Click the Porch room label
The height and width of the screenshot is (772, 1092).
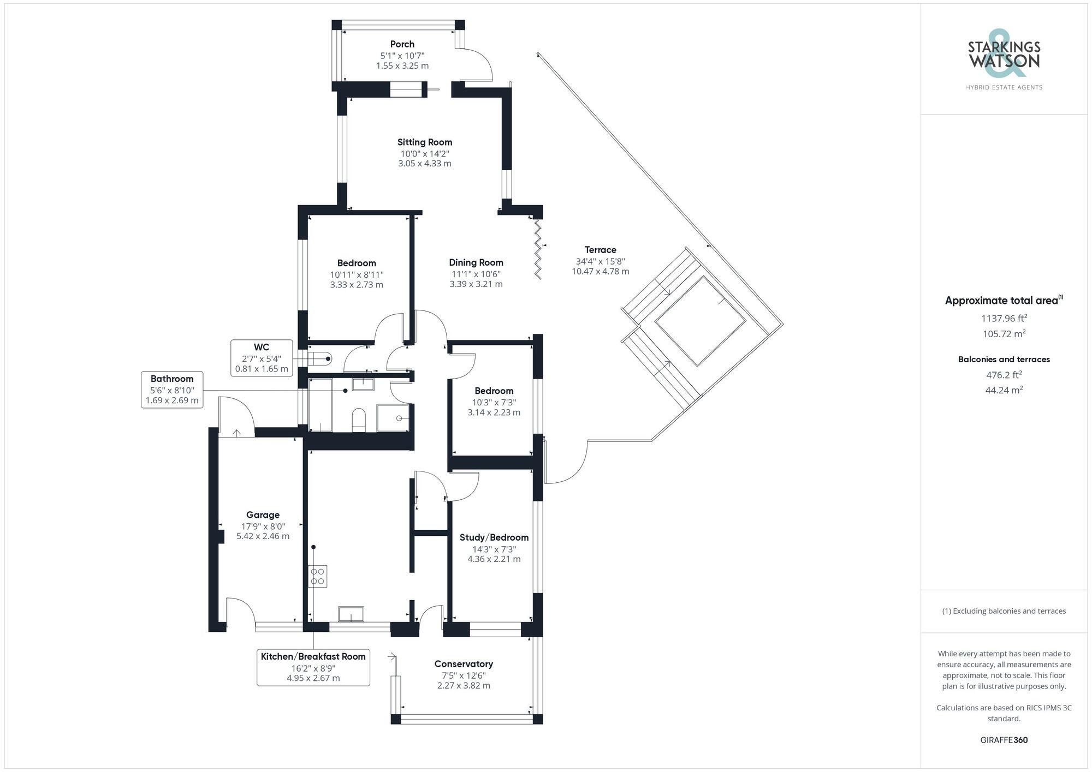(x=402, y=44)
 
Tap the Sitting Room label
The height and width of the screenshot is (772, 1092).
(x=424, y=142)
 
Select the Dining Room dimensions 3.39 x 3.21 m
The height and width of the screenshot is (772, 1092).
(x=476, y=284)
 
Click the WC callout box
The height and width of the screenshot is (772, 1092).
(x=262, y=358)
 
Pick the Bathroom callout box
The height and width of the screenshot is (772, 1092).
(x=172, y=390)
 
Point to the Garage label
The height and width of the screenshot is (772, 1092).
(x=263, y=515)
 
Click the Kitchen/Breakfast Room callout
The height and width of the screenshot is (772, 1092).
(x=313, y=667)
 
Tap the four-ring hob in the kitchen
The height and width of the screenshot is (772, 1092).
(x=318, y=576)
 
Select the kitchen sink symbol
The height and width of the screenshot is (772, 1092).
(x=351, y=614)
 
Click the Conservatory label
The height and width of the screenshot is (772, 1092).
(x=464, y=664)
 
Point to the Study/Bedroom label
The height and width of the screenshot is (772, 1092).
(x=494, y=537)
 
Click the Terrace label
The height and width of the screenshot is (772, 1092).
(x=600, y=250)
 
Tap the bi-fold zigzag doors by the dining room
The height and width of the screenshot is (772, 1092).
(x=538, y=249)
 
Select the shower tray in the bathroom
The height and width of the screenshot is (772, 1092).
(x=393, y=418)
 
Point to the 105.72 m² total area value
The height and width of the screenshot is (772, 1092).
(x=1004, y=334)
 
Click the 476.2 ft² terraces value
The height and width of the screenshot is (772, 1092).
(x=1004, y=375)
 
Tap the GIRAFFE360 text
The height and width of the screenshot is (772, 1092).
(x=1004, y=740)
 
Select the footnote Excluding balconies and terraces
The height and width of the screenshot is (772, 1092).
(x=1004, y=611)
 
